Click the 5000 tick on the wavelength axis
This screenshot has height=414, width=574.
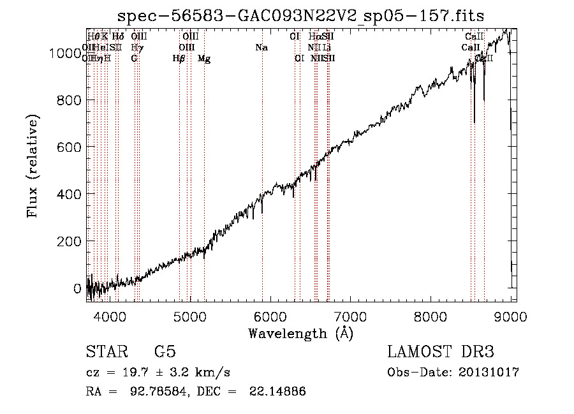click(x=190, y=315)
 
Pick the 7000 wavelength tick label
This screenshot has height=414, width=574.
click(x=351, y=315)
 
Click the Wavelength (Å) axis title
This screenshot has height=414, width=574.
click(x=300, y=333)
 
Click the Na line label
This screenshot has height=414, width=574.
click(x=261, y=48)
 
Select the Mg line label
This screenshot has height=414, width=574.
click(x=204, y=59)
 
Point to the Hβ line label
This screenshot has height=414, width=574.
click(x=179, y=59)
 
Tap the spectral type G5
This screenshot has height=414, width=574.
click(x=165, y=352)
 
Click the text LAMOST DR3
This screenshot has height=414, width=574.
click(x=441, y=352)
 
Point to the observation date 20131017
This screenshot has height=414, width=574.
click(x=489, y=372)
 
